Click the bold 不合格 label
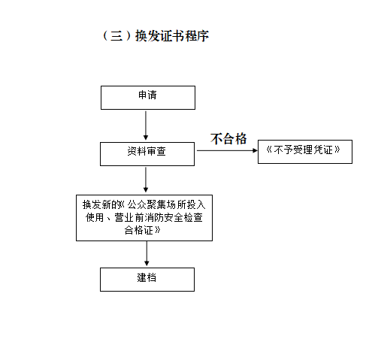228,138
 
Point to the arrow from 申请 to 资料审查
146,126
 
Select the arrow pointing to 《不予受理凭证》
227,150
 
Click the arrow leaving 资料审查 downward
146,180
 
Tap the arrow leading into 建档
147,253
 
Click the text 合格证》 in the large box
142,230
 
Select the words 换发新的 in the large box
101,204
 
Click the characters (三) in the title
117,36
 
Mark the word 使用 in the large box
95,217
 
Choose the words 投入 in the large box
196,204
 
